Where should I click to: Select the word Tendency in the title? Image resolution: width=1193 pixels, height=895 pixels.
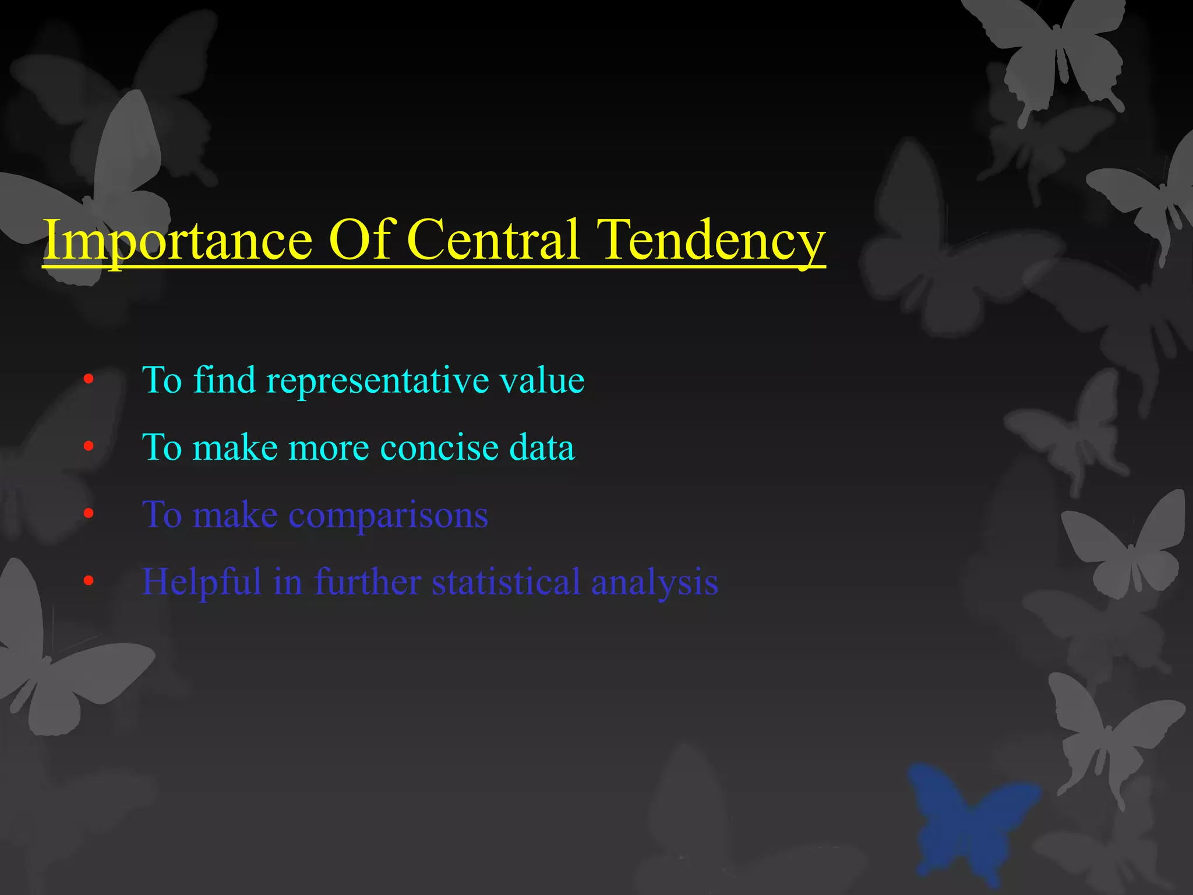click(712, 241)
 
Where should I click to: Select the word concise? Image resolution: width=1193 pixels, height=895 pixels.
click(440, 447)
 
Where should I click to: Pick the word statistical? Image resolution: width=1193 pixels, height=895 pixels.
click(506, 582)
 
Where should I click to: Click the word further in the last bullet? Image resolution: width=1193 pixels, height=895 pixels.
click(368, 582)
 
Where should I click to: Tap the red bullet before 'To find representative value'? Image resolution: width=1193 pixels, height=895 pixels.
click(89, 380)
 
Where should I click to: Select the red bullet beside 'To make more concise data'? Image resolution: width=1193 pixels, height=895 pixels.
click(89, 447)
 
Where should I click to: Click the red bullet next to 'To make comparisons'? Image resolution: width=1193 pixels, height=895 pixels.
click(89, 514)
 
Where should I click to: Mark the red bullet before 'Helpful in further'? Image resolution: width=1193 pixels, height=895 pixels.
click(89, 581)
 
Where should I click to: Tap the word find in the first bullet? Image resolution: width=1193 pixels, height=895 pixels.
click(224, 380)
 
